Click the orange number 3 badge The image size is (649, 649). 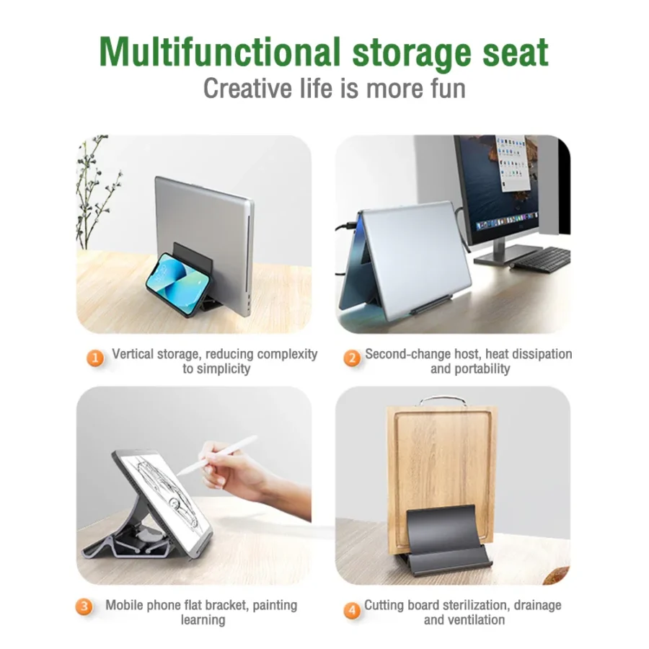(85, 606)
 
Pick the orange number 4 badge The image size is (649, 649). (351, 611)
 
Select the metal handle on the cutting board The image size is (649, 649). (441, 399)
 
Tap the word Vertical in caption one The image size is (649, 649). (133, 354)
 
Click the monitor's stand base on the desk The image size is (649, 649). (514, 252)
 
